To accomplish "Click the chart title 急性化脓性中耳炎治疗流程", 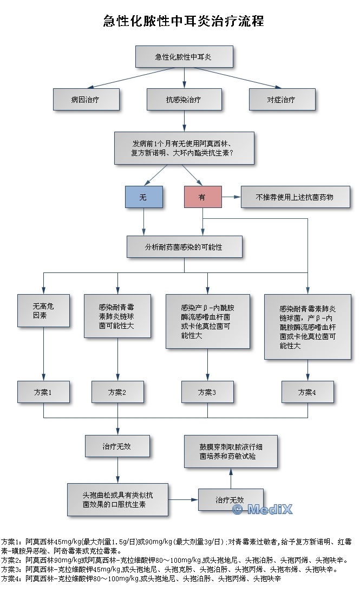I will click(184, 22).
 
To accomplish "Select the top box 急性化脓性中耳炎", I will click(184, 56).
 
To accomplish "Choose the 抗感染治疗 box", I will click(184, 100).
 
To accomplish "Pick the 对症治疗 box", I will click(282, 100).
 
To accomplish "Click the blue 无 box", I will click(143, 198).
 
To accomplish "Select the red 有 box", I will click(202, 198).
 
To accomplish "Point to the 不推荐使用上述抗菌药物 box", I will click(295, 197).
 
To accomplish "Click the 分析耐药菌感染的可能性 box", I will click(184, 246).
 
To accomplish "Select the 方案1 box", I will click(43, 392).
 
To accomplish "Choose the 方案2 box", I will click(117, 392).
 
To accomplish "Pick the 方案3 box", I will click(207, 392).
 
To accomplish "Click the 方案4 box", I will click(307, 392).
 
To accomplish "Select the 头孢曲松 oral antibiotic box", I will click(117, 499).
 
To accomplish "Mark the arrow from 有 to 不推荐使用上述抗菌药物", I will click(231, 198).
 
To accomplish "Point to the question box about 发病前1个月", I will click(184, 148).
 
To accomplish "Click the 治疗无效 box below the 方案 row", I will click(117, 446).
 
